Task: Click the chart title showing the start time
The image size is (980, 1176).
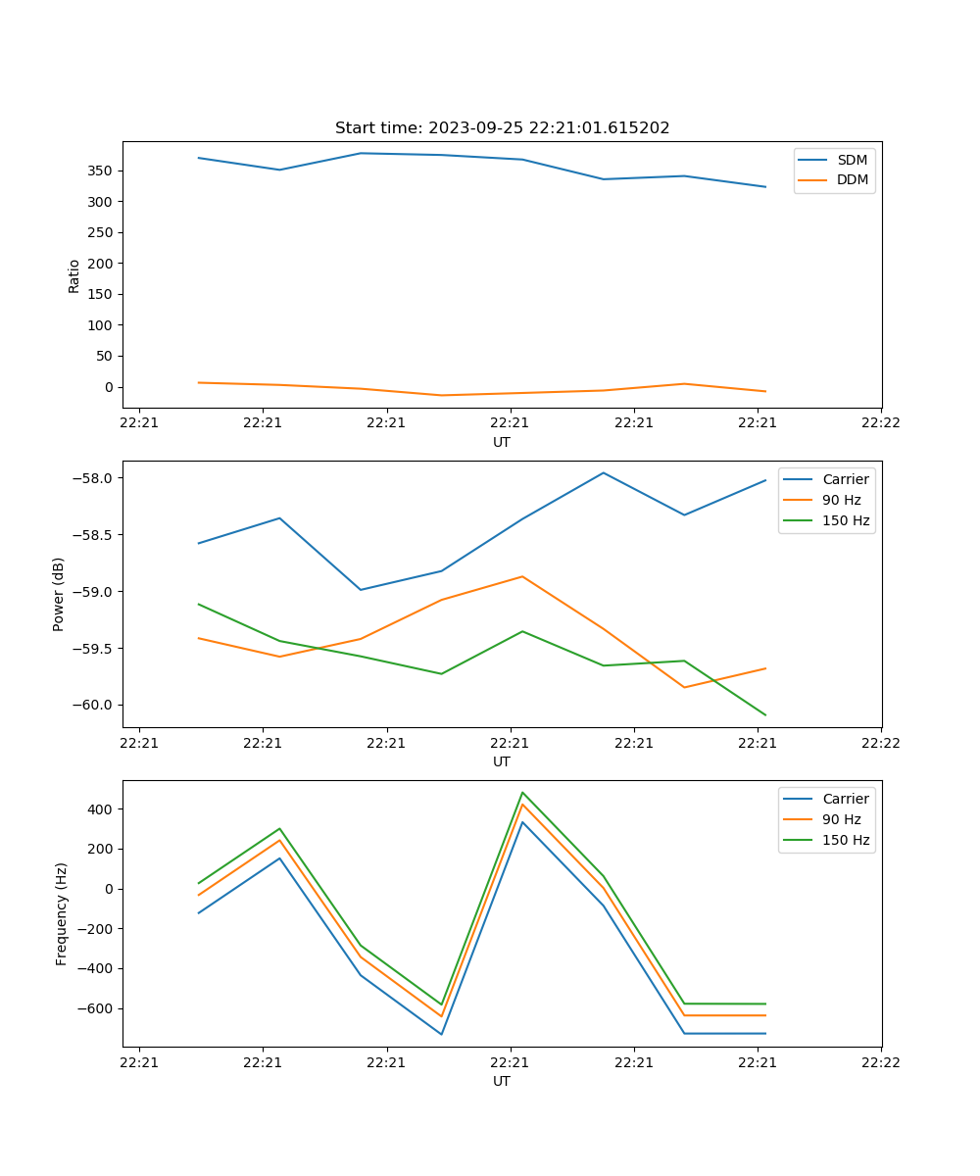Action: pyautogui.click(x=502, y=128)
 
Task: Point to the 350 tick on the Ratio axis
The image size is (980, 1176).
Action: pyautogui.click(x=101, y=171)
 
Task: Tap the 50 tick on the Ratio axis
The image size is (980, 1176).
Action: pyautogui.click(x=105, y=356)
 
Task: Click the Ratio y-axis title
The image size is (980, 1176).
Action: pyautogui.click(x=74, y=275)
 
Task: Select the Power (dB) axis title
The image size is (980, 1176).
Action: pyautogui.click(x=59, y=594)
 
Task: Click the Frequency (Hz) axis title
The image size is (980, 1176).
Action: pyautogui.click(x=61, y=913)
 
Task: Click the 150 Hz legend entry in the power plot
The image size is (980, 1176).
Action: pyautogui.click(x=846, y=520)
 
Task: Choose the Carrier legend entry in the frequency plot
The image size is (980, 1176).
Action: pyautogui.click(x=846, y=799)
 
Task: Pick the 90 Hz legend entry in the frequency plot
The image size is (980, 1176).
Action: pyautogui.click(x=842, y=819)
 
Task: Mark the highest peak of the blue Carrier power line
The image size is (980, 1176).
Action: pyautogui.click(x=604, y=473)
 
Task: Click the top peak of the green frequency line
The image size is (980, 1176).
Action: pyautogui.click(x=522, y=793)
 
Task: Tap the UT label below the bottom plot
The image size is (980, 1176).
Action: pyautogui.click(x=502, y=1081)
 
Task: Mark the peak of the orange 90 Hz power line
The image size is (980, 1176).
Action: pyautogui.click(x=522, y=576)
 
